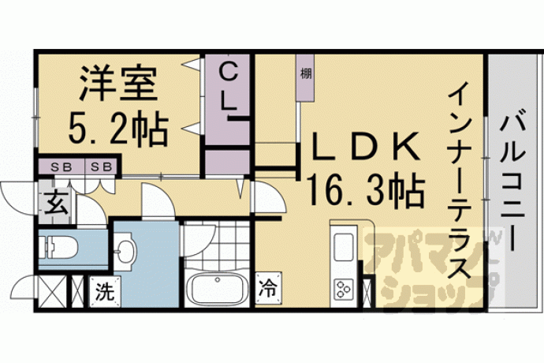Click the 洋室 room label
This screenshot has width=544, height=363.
118,84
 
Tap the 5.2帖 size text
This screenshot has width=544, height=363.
118,128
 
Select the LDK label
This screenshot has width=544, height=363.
364,147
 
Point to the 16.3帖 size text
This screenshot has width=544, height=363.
365,190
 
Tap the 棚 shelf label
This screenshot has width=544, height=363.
306,73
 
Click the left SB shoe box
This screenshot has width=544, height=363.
61,167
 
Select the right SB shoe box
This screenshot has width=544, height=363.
101,167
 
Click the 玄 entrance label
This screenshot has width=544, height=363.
55,204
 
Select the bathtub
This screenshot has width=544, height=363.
217,289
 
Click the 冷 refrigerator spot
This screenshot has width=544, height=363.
268,288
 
